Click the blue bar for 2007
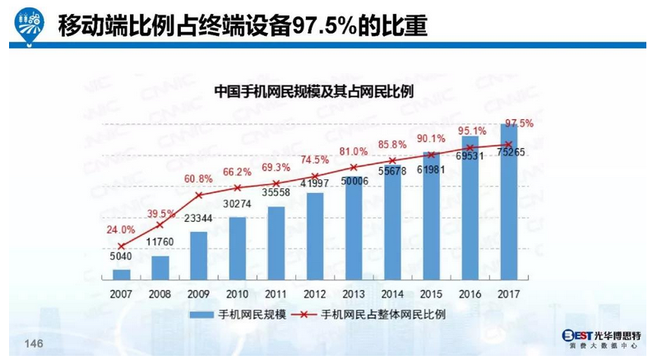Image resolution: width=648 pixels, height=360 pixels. (x=122, y=275)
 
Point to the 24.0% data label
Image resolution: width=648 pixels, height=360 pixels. (x=121, y=230)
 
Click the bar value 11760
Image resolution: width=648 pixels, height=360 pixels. (x=161, y=243)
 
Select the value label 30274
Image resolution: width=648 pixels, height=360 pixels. (x=238, y=204)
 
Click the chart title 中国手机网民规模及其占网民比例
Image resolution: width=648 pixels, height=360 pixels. (x=313, y=90)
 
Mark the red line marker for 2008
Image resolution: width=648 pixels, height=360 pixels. (x=161, y=224)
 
